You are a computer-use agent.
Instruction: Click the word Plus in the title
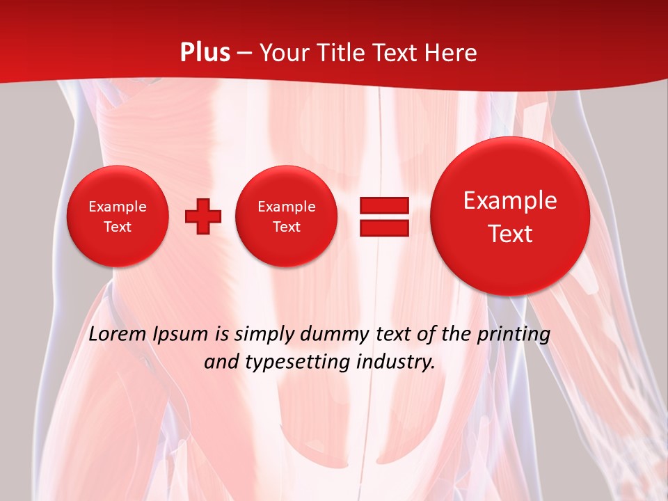[205, 53]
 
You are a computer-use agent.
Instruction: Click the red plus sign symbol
[203, 216]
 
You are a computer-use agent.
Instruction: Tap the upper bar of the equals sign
[384, 206]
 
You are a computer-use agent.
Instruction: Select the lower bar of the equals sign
[384, 228]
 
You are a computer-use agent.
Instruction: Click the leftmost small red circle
[117, 216]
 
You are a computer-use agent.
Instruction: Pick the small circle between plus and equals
[286, 216]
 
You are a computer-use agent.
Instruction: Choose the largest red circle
[510, 216]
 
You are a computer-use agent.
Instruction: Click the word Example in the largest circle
[510, 200]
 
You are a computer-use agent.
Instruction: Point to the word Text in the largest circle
[510, 234]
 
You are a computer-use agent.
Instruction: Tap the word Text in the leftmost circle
[117, 227]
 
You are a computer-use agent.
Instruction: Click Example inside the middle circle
[286, 207]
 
